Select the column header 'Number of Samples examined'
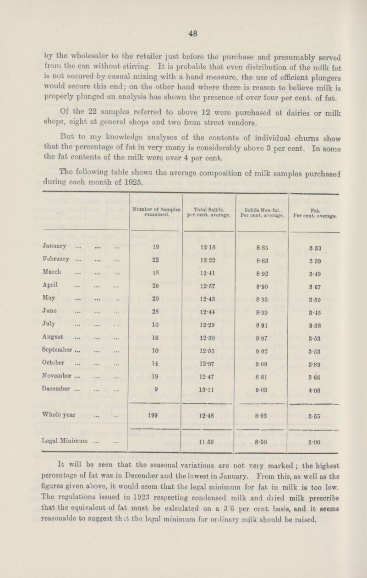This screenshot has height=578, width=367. [156, 211]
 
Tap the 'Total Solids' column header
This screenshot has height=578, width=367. [208, 211]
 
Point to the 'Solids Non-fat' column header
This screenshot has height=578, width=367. [262, 211]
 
